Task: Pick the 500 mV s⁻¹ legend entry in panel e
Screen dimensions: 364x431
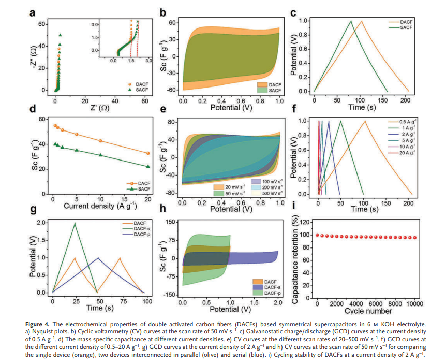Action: [x=267, y=193]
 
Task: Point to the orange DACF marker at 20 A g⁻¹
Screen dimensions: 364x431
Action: [x=148, y=153]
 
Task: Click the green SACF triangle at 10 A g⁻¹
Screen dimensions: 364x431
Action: [x=100, y=155]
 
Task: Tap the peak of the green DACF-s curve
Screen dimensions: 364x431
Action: [x=75, y=224]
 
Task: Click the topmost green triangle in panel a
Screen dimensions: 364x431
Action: [x=61, y=35]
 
